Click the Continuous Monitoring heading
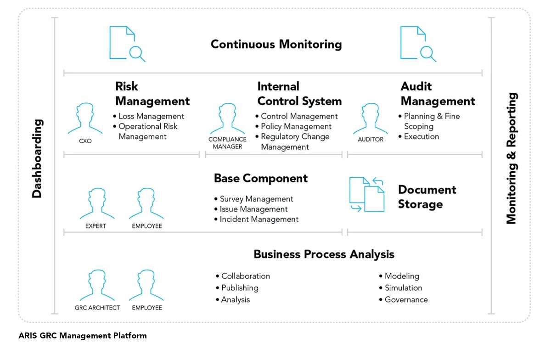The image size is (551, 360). tap(276, 45)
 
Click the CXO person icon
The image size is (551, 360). tap(85, 119)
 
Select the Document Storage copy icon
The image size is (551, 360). tap(367, 194)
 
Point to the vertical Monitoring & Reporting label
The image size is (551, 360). tap(512, 158)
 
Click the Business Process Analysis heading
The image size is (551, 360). tap(324, 254)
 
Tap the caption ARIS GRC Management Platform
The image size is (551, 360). tap(83, 336)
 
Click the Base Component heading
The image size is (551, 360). tap(261, 178)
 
